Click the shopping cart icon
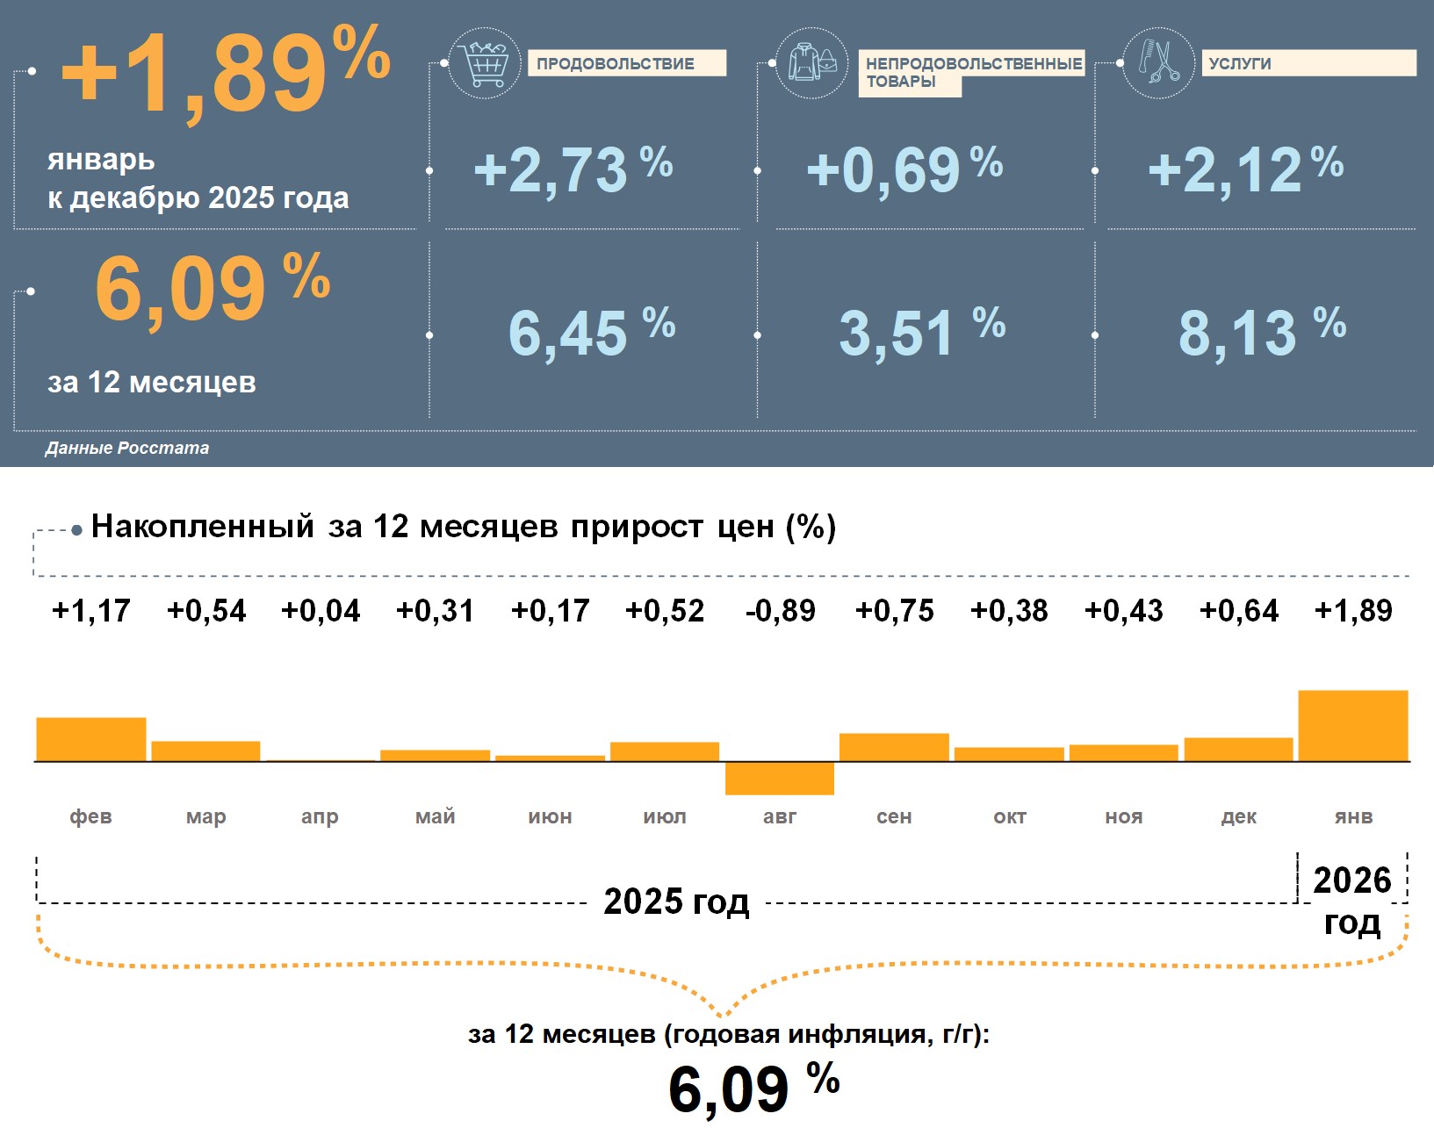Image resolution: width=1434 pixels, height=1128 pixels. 484,63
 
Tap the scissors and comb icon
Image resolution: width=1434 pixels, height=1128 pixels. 1159,62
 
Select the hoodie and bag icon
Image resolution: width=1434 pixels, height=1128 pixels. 812,63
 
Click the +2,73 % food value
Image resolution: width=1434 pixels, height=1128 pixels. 573,169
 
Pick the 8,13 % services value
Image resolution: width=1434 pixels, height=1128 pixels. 1261,333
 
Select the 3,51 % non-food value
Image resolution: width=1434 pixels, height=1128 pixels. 921,333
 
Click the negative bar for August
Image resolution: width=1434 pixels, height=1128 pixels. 780,779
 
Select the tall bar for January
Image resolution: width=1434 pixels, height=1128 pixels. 1352,726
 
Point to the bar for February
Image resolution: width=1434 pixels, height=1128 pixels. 91,740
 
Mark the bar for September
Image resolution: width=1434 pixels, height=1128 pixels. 894,747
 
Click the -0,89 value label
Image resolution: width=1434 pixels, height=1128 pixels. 780,611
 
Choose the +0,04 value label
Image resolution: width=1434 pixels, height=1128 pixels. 321,611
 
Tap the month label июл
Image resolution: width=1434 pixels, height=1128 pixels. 665,817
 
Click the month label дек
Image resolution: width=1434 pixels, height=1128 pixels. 1238,817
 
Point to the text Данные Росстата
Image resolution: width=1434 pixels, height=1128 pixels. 127,449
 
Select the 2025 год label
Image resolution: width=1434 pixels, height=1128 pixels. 676,902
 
